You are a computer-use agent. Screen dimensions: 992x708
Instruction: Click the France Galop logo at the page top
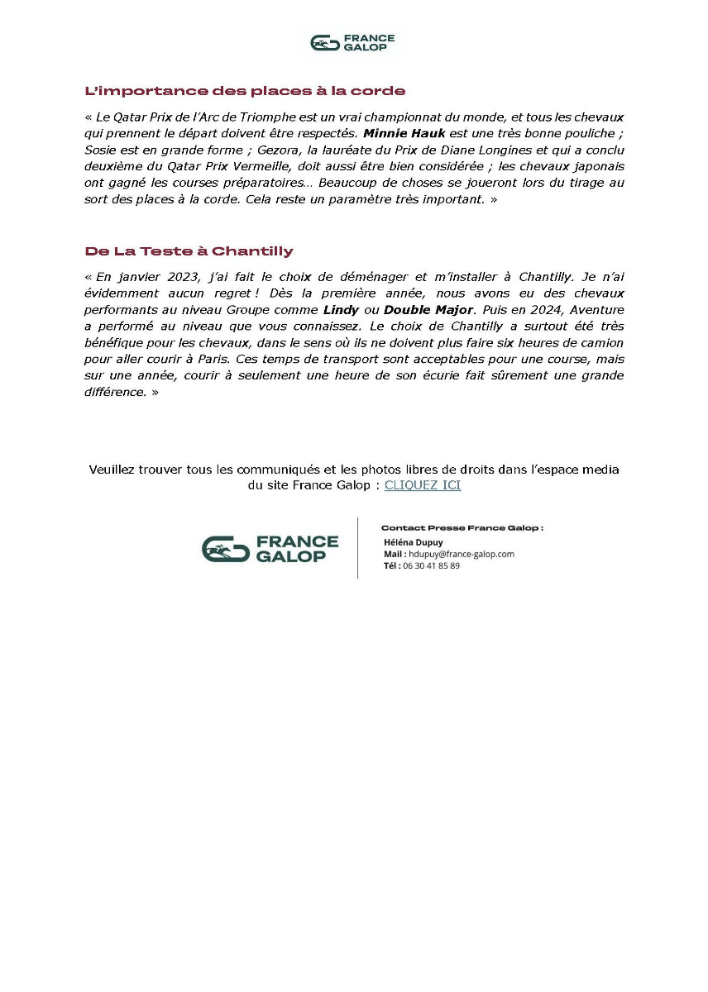click(353, 42)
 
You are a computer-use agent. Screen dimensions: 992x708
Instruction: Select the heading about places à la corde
click(245, 91)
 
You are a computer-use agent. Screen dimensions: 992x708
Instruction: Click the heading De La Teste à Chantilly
click(189, 250)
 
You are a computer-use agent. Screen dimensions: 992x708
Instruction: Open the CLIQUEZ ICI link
click(423, 485)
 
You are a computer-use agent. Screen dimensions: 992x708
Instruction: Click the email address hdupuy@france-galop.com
click(462, 554)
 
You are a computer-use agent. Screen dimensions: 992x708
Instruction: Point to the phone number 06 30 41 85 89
click(431, 565)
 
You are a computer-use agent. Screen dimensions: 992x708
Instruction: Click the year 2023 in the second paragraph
click(175, 276)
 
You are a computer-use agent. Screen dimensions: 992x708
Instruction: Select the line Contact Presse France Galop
click(462, 527)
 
